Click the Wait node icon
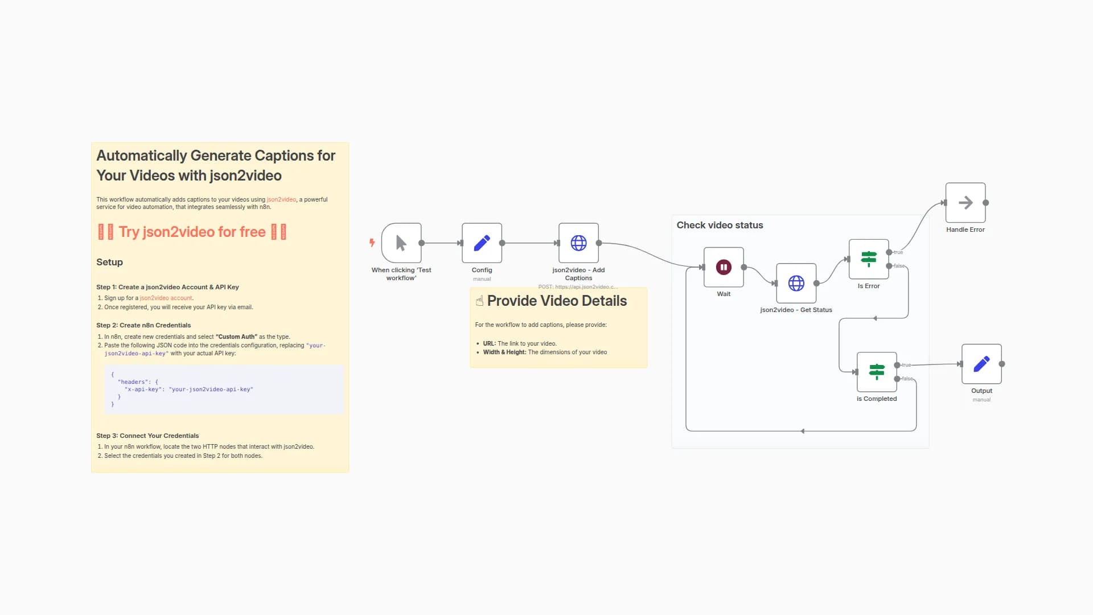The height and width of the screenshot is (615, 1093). tap(724, 267)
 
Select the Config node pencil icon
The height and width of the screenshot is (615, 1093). tap(482, 243)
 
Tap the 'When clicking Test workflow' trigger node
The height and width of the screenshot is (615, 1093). tap(401, 243)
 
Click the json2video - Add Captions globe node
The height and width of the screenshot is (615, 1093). tap(578, 243)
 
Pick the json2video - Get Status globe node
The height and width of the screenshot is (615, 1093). tap(796, 283)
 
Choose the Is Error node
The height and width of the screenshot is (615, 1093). tap(869, 259)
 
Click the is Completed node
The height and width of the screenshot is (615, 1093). tap(877, 372)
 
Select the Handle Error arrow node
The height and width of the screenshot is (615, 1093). tap(965, 203)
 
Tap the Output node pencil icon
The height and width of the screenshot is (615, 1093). tap(981, 364)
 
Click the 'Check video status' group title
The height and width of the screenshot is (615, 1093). tap(720, 225)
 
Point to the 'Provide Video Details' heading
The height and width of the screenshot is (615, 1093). tap(557, 301)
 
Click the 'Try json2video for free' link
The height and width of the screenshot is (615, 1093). tap(192, 232)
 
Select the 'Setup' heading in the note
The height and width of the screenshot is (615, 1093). tap(109, 263)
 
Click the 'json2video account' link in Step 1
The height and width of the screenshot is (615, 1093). tap(166, 298)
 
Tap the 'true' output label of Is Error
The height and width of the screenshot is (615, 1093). tap(898, 252)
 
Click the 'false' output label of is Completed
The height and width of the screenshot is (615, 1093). tap(907, 379)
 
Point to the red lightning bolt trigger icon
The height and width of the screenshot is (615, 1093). tap(372, 243)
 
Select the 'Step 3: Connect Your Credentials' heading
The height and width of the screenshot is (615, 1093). tap(147, 436)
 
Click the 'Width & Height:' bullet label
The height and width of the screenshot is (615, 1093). tap(504, 352)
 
